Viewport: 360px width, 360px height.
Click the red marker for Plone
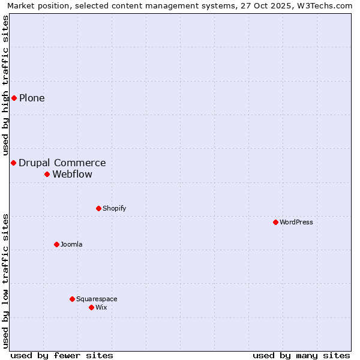click(x=14, y=98)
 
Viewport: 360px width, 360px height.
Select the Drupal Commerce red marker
click(x=13, y=163)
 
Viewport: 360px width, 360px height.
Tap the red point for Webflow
click(x=47, y=174)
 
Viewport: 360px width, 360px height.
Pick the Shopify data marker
click(x=98, y=208)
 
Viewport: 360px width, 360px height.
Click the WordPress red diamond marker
click(x=275, y=222)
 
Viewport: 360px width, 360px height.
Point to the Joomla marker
click(x=56, y=244)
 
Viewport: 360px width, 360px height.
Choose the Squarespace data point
click(x=72, y=299)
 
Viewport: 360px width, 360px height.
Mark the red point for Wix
click(x=91, y=307)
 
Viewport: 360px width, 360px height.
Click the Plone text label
click(x=32, y=98)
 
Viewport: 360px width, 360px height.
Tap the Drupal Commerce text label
click(x=62, y=163)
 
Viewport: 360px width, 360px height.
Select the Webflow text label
click(x=73, y=174)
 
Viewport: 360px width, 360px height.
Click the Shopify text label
click(x=114, y=208)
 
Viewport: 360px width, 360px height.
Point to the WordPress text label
click(x=296, y=222)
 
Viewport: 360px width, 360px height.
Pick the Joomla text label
click(x=71, y=244)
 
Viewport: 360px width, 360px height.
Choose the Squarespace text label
click(x=97, y=299)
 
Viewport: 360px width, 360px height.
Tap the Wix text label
click(x=101, y=307)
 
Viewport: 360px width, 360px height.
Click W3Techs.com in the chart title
click(x=323, y=5)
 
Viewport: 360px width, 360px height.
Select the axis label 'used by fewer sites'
click(x=62, y=355)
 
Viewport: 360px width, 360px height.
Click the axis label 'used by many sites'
click(x=301, y=355)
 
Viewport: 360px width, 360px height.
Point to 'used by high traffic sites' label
click(x=5, y=85)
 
